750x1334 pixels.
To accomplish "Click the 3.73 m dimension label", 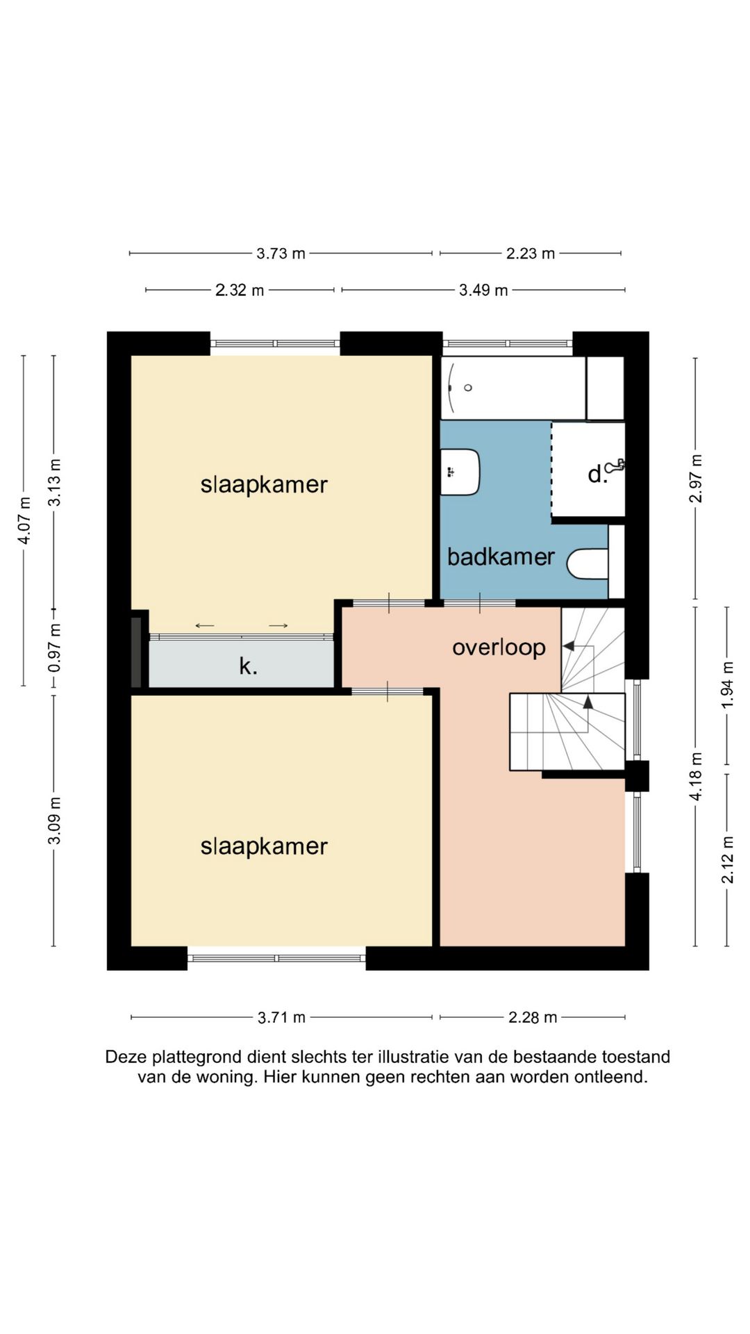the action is click(x=281, y=254).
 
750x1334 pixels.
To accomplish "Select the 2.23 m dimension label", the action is click(x=531, y=254).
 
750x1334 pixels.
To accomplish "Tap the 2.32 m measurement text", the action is click(x=240, y=290).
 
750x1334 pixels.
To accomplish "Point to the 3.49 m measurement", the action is click(x=483, y=290).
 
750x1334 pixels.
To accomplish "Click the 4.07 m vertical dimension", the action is click(x=24, y=520).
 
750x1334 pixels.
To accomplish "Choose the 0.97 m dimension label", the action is click(x=55, y=648).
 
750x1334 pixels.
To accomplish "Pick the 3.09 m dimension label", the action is click(x=55, y=821).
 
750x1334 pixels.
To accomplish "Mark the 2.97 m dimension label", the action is click(x=696, y=479).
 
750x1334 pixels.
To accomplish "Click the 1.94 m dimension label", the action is click(x=727, y=685).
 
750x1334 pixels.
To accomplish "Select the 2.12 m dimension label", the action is click(x=727, y=859).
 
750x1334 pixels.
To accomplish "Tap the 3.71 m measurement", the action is click(x=281, y=1018).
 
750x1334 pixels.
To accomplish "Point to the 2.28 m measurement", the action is click(x=533, y=1018).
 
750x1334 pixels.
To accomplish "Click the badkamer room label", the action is click(x=501, y=557).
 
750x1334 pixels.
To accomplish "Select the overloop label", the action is click(x=499, y=648).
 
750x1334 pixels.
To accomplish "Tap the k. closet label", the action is click(x=248, y=666).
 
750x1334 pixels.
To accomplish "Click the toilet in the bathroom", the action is click(x=587, y=564).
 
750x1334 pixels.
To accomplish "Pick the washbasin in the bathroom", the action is click(x=460, y=472).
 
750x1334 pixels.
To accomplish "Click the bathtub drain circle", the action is click(x=468, y=388).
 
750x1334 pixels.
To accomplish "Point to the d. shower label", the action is click(x=597, y=474).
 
